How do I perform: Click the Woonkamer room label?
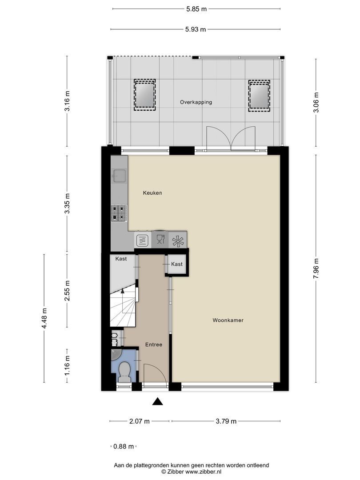(x=228, y=320)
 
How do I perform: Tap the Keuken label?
(x=152, y=193)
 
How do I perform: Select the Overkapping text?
(x=196, y=102)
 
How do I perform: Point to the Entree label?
(x=154, y=344)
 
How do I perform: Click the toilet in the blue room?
(x=124, y=372)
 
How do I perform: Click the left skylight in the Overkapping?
(x=144, y=95)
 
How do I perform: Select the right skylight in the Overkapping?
(x=259, y=95)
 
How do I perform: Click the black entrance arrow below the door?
(x=157, y=401)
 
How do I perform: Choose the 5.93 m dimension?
(x=196, y=30)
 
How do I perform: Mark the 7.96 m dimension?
(x=316, y=268)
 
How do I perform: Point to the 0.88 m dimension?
(x=123, y=447)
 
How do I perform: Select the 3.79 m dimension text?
(x=226, y=421)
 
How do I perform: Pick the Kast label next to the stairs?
(x=121, y=259)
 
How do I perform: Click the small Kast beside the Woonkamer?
(x=177, y=264)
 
